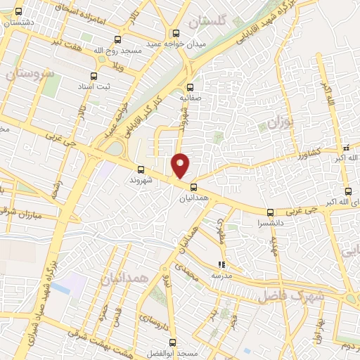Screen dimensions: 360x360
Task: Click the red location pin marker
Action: click(x=181, y=165)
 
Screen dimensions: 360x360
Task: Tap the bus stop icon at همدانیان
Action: click(x=193, y=186)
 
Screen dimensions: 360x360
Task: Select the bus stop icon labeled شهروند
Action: click(x=141, y=169)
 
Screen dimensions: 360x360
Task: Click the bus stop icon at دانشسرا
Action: click(x=270, y=212)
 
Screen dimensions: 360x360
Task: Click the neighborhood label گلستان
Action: click(x=208, y=22)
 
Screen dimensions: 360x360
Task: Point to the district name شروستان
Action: click(x=29, y=72)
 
